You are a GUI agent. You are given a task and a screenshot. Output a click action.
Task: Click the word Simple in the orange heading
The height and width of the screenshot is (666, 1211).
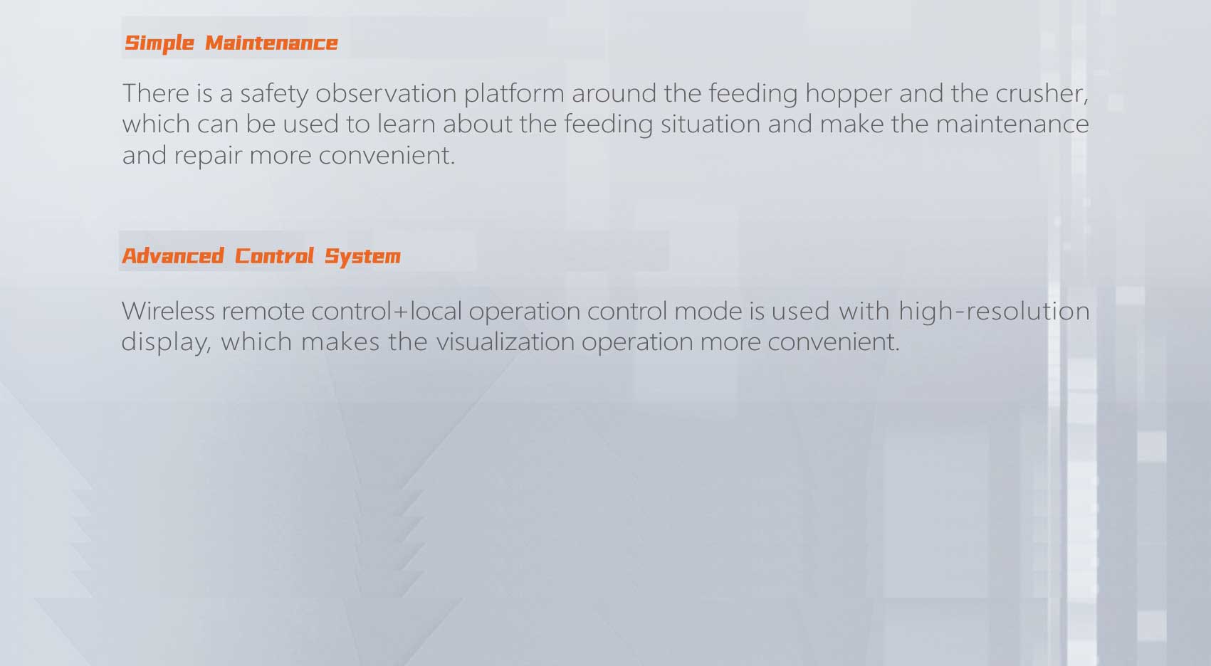pyautogui.click(x=159, y=43)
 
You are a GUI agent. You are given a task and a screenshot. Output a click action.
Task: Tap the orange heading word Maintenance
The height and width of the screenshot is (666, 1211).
pyautogui.click(x=271, y=43)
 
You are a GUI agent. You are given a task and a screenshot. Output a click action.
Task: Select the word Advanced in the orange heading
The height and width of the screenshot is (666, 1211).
pyautogui.click(x=172, y=256)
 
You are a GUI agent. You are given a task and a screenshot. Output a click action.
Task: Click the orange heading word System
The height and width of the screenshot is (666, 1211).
pyautogui.click(x=362, y=257)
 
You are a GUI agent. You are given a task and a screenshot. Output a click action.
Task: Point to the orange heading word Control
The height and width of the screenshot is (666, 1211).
pyautogui.click(x=274, y=256)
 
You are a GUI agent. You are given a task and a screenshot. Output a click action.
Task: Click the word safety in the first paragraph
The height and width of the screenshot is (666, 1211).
pyautogui.click(x=274, y=94)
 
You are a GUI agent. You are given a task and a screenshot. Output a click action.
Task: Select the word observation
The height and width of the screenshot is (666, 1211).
pyautogui.click(x=386, y=93)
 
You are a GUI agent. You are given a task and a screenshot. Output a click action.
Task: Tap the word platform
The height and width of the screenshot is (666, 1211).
pyautogui.click(x=514, y=94)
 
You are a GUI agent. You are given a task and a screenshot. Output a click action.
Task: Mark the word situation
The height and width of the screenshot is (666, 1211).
pyautogui.click(x=710, y=124)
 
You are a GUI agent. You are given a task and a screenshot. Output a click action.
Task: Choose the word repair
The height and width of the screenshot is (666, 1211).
pyautogui.click(x=208, y=157)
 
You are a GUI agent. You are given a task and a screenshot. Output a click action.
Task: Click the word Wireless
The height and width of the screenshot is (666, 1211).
pyautogui.click(x=168, y=311)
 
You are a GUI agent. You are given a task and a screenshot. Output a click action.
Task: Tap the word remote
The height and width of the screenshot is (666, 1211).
pyautogui.click(x=263, y=312)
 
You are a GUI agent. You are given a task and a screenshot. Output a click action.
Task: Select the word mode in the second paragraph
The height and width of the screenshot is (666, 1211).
pyautogui.click(x=708, y=311)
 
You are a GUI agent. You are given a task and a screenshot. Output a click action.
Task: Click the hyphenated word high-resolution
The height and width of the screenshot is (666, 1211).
pyautogui.click(x=994, y=311)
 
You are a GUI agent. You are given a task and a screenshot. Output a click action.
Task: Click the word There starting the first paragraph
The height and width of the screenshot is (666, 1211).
pyautogui.click(x=156, y=93)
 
